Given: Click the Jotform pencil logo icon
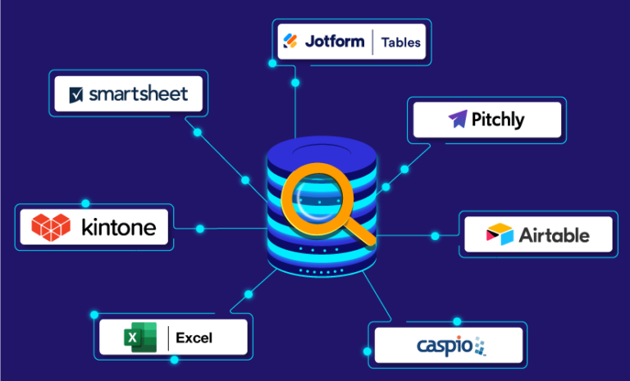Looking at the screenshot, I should [x=290, y=41].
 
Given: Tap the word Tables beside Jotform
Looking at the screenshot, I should [x=401, y=42].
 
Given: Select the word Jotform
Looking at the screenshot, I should [x=334, y=41].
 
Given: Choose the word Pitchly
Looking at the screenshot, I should [x=498, y=120].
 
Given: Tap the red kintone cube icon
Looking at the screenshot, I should [x=51, y=226].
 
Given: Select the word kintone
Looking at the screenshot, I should [x=118, y=227].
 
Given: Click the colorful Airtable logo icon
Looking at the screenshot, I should [x=499, y=235].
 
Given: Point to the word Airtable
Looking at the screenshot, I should [x=554, y=235].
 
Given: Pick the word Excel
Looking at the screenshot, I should [x=194, y=337].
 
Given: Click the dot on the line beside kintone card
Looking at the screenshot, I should [x=199, y=228].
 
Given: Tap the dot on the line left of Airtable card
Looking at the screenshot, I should [x=435, y=236].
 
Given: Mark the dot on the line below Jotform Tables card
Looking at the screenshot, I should [x=295, y=84].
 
